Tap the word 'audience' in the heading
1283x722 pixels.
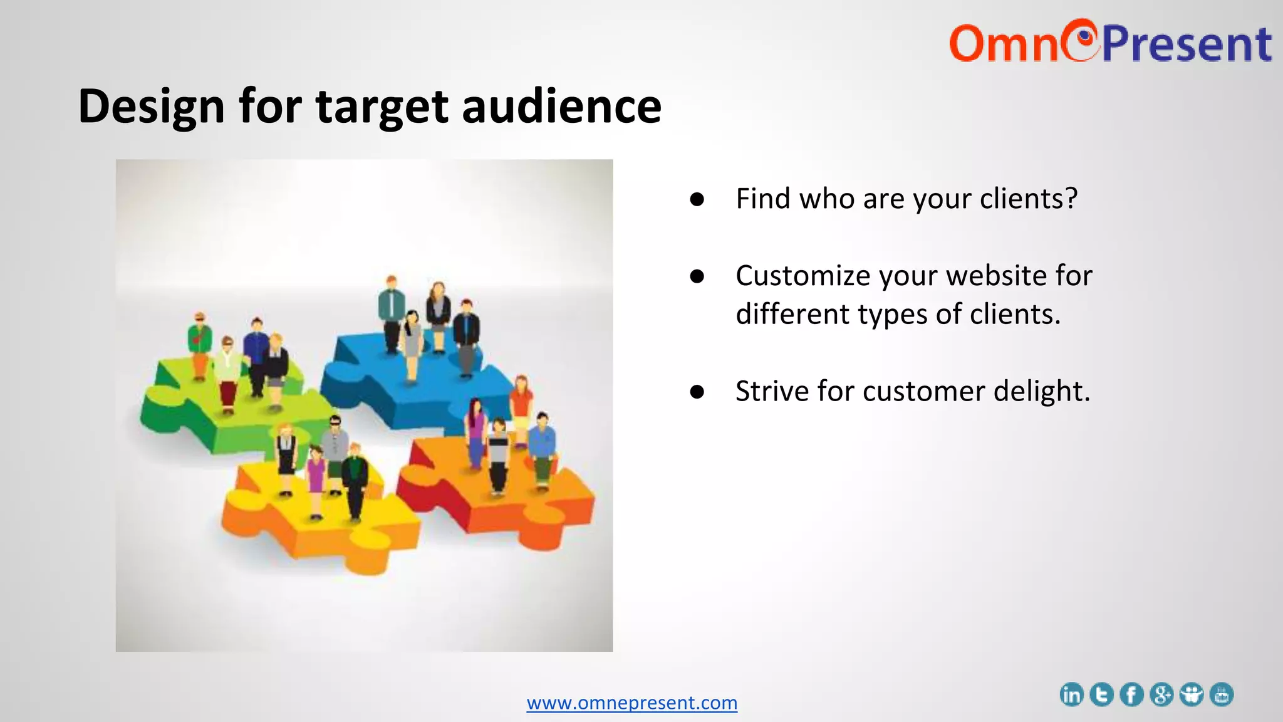pos(561,107)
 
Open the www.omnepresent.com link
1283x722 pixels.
pos(631,703)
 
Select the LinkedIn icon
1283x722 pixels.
pos(1071,694)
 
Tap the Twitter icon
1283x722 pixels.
pos(1101,694)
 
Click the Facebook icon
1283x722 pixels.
pos(1131,694)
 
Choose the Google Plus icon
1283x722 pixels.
pos(1161,694)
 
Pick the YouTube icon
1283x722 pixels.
pos(1222,694)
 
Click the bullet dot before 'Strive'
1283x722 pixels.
pos(697,392)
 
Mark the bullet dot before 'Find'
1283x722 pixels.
pos(697,199)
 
